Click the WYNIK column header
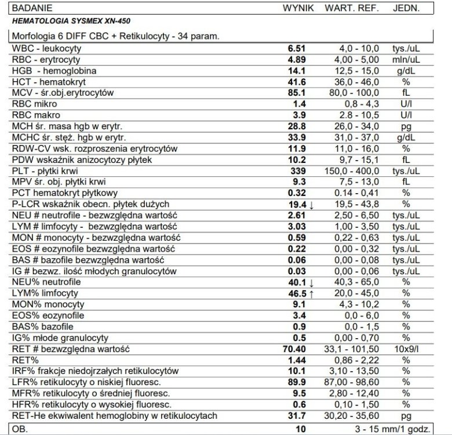pyautogui.click(x=298, y=8)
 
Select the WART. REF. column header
pyautogui.click(x=351, y=8)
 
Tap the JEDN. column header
pyautogui.click(x=406, y=8)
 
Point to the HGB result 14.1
pyautogui.click(x=298, y=70)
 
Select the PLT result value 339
pyautogui.click(x=298, y=171)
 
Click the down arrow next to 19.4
pyautogui.click(x=311, y=205)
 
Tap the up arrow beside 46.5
pyautogui.click(x=311, y=294)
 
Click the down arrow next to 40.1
pyautogui.click(x=311, y=282)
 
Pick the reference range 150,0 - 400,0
pyautogui.click(x=356, y=171)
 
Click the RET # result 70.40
pyautogui.click(x=295, y=350)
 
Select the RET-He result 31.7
pyautogui.click(x=298, y=416)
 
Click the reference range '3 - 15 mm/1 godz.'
pyautogui.click(x=393, y=429)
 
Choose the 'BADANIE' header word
pyautogui.click(x=32, y=8)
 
